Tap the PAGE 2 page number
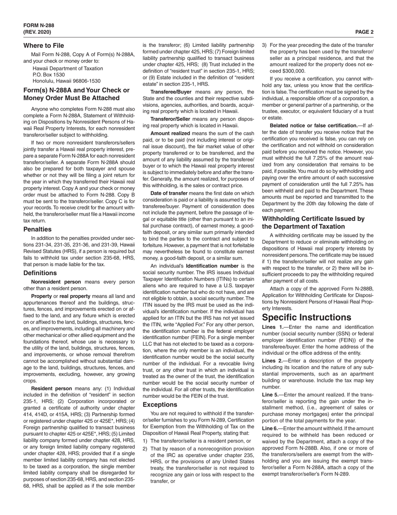364,32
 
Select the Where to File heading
43,45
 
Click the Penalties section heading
38,229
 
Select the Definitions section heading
40,273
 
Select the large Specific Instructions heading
306,317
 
